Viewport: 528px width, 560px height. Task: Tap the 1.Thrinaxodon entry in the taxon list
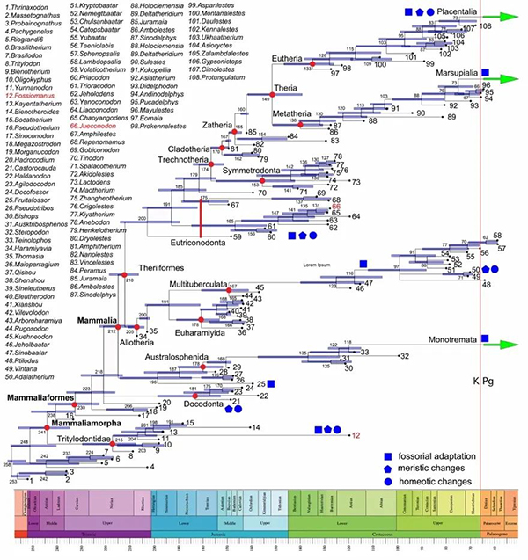27,7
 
